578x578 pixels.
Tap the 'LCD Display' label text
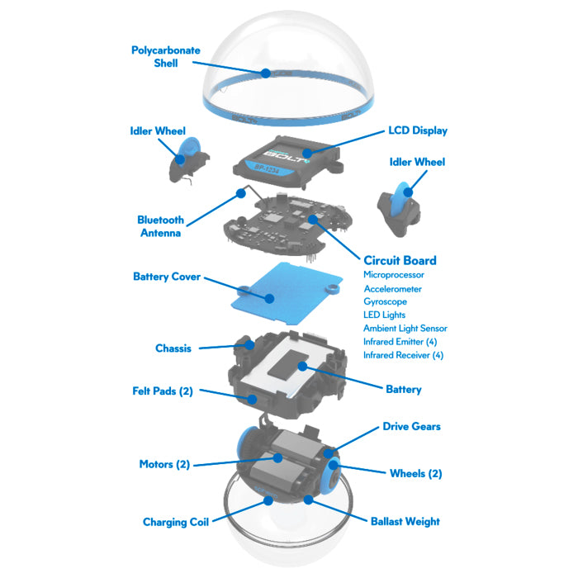coord(418,130)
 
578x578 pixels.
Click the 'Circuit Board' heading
coord(400,260)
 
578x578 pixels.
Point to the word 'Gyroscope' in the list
coord(385,301)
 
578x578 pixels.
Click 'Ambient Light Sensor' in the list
coord(405,328)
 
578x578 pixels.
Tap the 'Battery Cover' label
coord(166,277)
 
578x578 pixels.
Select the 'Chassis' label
coord(173,348)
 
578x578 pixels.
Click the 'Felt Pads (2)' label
coord(162,391)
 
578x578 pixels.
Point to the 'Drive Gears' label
coord(411,427)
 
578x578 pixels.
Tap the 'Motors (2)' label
coord(164,464)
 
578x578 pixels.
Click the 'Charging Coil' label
coord(176,521)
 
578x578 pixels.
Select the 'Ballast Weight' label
coord(405,521)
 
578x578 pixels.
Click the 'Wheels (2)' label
coord(415,473)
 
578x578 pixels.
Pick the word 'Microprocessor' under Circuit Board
coord(394,274)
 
